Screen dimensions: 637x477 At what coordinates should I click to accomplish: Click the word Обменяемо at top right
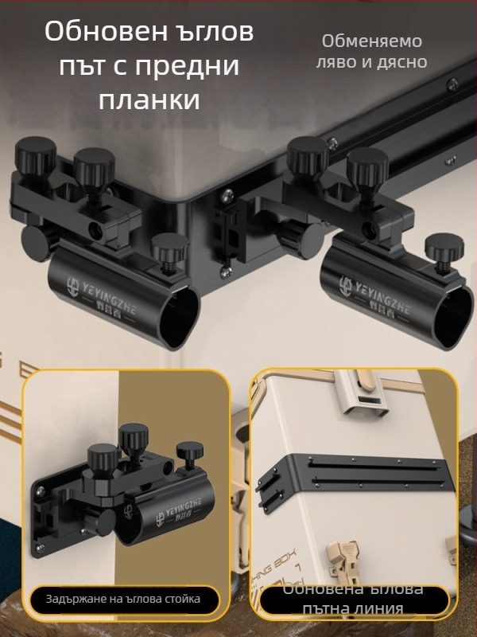[372, 41]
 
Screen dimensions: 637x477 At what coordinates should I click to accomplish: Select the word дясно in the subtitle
[400, 61]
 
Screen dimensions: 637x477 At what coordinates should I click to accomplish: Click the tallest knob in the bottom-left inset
[134, 436]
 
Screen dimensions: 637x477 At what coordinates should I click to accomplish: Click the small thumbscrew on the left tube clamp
[167, 247]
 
